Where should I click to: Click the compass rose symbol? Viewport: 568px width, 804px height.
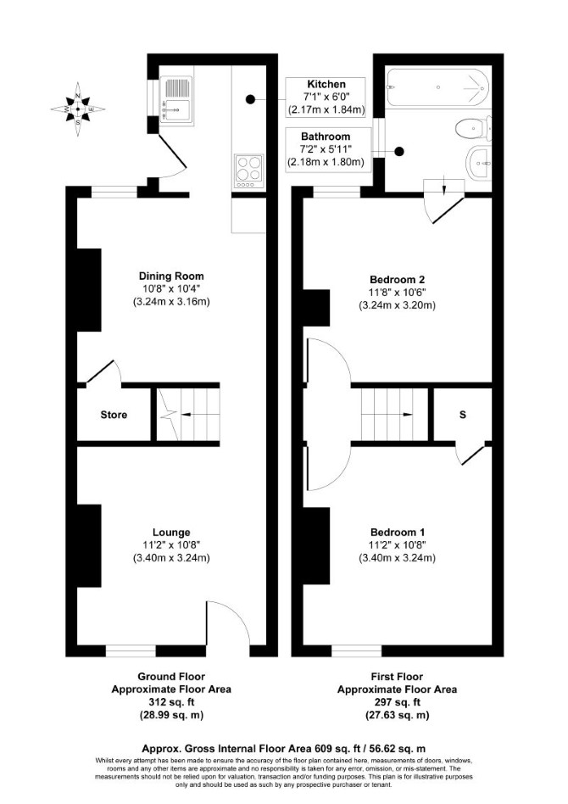pyautogui.click(x=78, y=109)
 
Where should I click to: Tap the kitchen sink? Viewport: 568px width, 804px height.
pyautogui.click(x=176, y=100)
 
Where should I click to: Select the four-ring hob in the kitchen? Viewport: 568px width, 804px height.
pyautogui.click(x=248, y=170)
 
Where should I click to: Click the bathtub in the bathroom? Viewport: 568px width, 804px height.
pyautogui.click(x=437, y=87)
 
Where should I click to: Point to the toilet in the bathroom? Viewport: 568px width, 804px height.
pyautogui.click(x=473, y=129)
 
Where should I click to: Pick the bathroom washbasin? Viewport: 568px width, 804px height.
pyautogui.click(x=479, y=163)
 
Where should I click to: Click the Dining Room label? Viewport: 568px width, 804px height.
pyautogui.click(x=171, y=276)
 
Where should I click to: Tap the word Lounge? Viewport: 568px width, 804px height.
pyautogui.click(x=171, y=533)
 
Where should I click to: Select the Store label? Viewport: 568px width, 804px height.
pyautogui.click(x=114, y=415)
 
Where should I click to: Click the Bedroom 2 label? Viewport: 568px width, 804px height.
pyautogui.click(x=398, y=280)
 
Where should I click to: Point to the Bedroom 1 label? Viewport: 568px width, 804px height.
pyautogui.click(x=398, y=533)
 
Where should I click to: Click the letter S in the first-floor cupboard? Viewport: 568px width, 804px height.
pyautogui.click(x=462, y=415)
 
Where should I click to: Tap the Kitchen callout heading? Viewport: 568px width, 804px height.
pyautogui.click(x=326, y=84)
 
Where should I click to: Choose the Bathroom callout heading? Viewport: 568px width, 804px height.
pyautogui.click(x=326, y=137)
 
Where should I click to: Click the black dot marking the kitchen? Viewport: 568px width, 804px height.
pyautogui.click(x=250, y=99)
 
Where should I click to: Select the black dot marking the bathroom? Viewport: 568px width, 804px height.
pyautogui.click(x=398, y=152)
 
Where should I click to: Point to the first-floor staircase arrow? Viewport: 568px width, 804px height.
pyautogui.click(x=398, y=415)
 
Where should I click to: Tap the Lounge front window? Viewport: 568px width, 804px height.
pyautogui.click(x=131, y=650)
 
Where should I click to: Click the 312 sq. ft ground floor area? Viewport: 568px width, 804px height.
pyautogui.click(x=171, y=702)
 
